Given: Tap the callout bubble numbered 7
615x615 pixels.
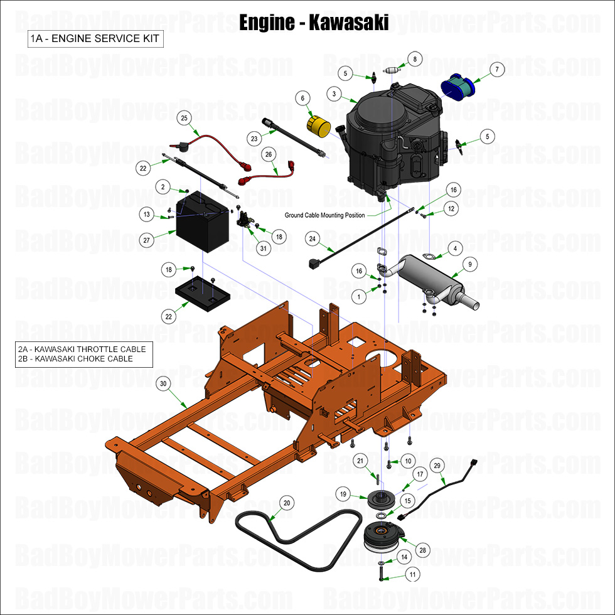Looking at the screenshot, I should [x=496, y=70].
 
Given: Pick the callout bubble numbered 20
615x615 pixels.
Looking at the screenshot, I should [x=286, y=503].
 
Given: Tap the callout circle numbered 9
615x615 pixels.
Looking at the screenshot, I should [x=471, y=264].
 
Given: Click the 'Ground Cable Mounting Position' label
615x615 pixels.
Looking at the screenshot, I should [x=325, y=215].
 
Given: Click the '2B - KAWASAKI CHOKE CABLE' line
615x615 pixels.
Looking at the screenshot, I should [x=75, y=359].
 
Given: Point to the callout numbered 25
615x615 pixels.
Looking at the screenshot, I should [x=184, y=117].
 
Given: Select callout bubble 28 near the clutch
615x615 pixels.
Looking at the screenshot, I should [x=422, y=550].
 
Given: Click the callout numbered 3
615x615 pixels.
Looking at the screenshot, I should [x=334, y=94].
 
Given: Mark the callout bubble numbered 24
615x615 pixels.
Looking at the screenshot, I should [x=313, y=238].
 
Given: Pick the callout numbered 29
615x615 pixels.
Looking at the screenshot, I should [x=438, y=465].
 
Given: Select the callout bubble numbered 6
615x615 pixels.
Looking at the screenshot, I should [x=302, y=99].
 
